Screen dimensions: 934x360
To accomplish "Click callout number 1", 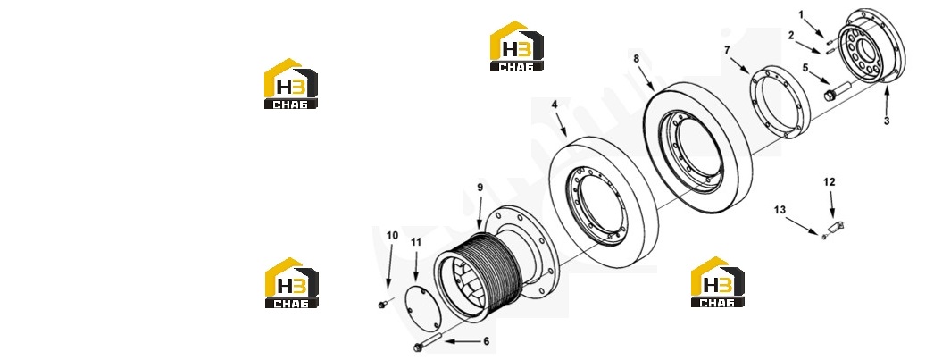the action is pos(801,13).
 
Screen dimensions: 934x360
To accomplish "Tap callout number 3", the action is pos(887,121).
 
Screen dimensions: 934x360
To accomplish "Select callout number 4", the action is pos(554,105).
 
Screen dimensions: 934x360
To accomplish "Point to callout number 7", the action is pos(727,50).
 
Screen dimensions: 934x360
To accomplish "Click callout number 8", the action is pos(636,58).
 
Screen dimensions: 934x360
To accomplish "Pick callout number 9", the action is pos(480,188).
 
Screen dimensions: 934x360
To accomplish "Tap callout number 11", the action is pos(416,242).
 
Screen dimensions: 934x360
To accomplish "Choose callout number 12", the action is pos(830,181).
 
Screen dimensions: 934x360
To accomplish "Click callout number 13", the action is pos(780,210).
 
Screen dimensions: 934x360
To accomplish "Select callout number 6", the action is pos(486,341).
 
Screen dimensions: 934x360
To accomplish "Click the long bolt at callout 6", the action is pos(425,342).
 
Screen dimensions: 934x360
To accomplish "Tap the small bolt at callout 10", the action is pos(381,305).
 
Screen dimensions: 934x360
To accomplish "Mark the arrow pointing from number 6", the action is pos(461,341).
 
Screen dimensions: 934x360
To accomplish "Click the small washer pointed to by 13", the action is pos(824,237).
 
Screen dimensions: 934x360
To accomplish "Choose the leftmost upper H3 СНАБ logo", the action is pos(291,83).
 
